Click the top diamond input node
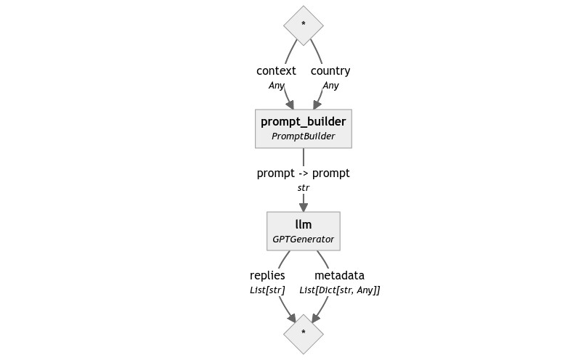[x=303, y=25]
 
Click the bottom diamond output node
[x=303, y=334]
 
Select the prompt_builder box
[x=303, y=128]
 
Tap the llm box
[x=303, y=231]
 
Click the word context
[x=276, y=71]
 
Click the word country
[x=330, y=71]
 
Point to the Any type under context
[x=276, y=86]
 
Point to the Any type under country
[x=330, y=86]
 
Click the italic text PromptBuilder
[x=303, y=136]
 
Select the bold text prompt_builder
[x=303, y=121]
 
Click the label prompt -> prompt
[x=303, y=173]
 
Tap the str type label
[x=303, y=188]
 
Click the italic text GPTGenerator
[x=303, y=239]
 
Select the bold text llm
[x=303, y=224]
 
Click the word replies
[x=267, y=276]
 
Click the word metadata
[x=339, y=276]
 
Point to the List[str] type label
[x=267, y=290]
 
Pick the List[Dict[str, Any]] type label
[x=339, y=290]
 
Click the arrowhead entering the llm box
[x=303, y=207]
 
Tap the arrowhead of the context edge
[x=289, y=104]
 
